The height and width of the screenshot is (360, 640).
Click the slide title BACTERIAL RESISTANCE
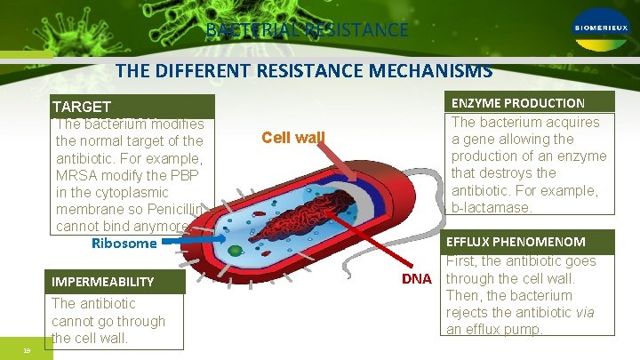click(x=307, y=30)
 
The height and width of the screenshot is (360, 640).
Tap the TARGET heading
click(x=81, y=107)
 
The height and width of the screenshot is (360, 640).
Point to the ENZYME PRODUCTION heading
click(x=518, y=103)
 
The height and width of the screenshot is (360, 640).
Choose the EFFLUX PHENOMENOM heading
click(x=515, y=242)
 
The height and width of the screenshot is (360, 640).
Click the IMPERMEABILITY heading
click(x=102, y=282)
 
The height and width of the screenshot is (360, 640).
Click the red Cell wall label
click(x=293, y=138)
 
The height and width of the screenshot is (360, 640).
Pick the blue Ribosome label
click(x=124, y=243)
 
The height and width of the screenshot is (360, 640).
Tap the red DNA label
click(x=416, y=279)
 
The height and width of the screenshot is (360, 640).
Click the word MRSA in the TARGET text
click(x=76, y=175)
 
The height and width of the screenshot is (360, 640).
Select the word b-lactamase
click(x=492, y=207)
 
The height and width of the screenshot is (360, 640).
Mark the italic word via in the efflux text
click(x=584, y=312)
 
